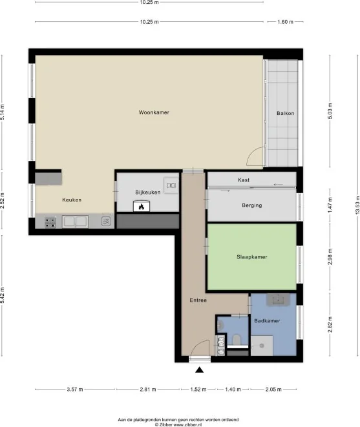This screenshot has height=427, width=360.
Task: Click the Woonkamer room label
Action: tap(154, 112)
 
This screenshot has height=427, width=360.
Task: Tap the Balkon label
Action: tap(285, 114)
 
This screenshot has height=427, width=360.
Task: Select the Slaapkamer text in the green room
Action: tap(252, 257)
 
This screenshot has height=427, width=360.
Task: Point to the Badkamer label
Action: tap(267, 320)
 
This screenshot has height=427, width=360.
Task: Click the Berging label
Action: tap(252, 205)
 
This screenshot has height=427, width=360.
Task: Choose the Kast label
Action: tap(244, 180)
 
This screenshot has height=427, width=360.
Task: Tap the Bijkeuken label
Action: tap(147, 193)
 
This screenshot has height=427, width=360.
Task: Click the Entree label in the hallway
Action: tap(198, 300)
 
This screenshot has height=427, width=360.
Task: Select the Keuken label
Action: tap(72, 200)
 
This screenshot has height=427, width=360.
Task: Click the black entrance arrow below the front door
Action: tap(199, 370)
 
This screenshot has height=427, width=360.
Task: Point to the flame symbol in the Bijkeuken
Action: tap(140, 207)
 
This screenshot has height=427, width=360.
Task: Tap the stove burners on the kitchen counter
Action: tap(50, 222)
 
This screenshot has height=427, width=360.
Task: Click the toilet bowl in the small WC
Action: tap(237, 340)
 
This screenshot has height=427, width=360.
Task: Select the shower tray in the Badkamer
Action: tap(264, 347)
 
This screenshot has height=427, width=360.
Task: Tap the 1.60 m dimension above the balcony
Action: tap(285, 21)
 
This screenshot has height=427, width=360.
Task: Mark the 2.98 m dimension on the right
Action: tap(330, 256)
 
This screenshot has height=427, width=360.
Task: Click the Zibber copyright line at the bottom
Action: tap(180, 424)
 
